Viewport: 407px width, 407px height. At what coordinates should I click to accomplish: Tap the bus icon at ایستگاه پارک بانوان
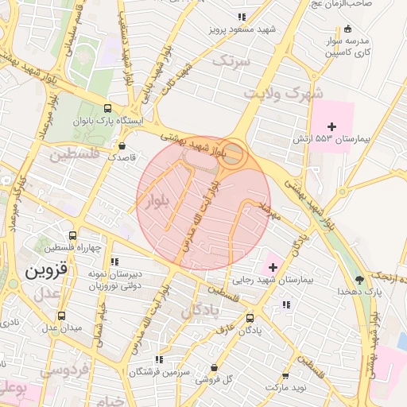[108, 110]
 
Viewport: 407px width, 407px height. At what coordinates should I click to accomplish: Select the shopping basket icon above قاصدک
[122, 145]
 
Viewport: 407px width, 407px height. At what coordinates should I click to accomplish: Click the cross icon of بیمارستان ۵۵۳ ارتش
[331, 126]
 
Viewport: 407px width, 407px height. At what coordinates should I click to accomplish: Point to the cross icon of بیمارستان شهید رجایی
[273, 266]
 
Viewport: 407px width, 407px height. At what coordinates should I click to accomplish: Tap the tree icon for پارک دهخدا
[360, 279]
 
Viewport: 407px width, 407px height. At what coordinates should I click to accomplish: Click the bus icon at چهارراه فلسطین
[72, 236]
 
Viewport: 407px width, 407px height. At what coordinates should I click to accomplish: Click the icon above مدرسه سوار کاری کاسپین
[347, 28]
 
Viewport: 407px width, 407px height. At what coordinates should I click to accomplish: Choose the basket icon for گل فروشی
[215, 367]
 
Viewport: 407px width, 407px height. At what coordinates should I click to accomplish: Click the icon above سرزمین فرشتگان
[159, 359]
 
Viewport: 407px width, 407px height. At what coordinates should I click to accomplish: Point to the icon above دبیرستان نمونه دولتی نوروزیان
[115, 261]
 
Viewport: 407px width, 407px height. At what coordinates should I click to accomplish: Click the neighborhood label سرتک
[231, 60]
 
